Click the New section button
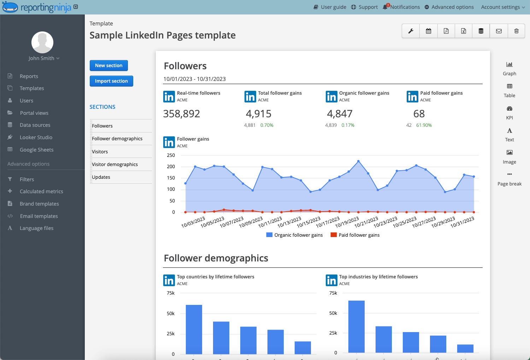[108, 65]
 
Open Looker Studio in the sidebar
[36, 137]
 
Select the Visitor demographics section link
[115, 164]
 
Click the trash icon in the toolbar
[516, 31]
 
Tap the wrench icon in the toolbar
[411, 31]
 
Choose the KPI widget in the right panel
[509, 112]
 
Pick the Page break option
[509, 179]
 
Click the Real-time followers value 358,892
[182, 114]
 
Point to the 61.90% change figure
[424, 125]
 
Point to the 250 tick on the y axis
[171, 155]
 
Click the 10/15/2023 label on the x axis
[308, 223]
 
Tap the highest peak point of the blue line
[359, 161]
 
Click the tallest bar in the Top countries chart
[194, 329]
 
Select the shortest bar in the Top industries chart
[465, 348]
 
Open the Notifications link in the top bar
[405, 7]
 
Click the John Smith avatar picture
[42, 42]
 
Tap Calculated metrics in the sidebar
[41, 191]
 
